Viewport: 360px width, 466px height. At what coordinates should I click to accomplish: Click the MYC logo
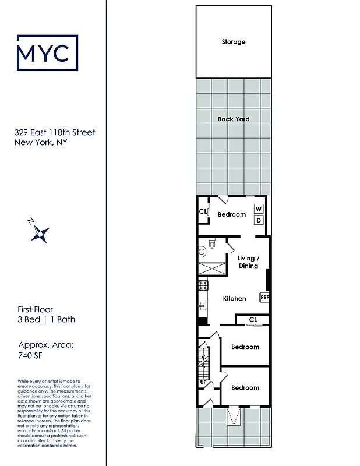(47, 52)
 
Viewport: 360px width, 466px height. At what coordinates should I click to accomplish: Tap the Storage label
(233, 42)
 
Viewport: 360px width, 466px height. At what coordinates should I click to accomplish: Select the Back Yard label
(233, 119)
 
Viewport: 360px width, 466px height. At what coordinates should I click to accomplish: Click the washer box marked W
(259, 209)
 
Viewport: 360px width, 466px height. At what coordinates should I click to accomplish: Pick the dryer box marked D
(259, 220)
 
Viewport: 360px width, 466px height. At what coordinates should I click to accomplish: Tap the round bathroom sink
(202, 252)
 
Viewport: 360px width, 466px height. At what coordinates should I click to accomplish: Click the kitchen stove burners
(203, 285)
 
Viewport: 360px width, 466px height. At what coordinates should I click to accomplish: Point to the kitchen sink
(202, 305)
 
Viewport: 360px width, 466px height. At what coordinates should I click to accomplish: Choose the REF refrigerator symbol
(264, 297)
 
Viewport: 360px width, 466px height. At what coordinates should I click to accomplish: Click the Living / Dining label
(249, 262)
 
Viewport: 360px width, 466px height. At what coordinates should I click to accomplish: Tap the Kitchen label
(235, 298)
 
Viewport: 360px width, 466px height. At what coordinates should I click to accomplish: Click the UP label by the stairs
(203, 382)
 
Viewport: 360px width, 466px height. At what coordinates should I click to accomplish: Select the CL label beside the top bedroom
(203, 211)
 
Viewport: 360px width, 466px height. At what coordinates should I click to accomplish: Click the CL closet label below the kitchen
(253, 319)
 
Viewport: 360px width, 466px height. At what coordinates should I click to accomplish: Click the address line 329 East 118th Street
(55, 132)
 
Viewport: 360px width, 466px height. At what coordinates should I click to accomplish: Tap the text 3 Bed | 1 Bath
(47, 319)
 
